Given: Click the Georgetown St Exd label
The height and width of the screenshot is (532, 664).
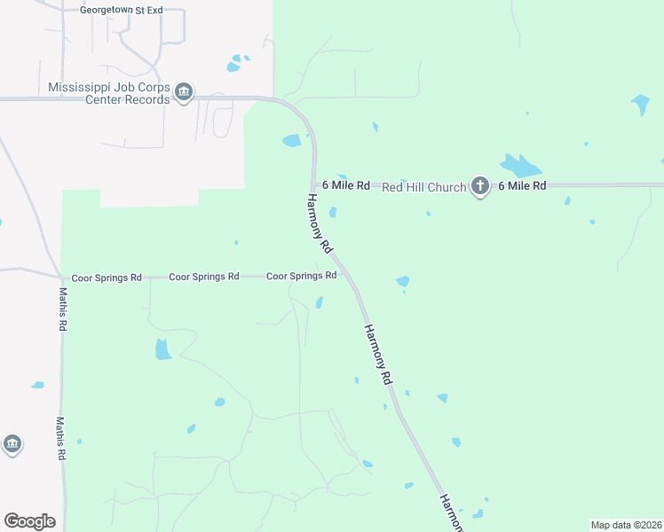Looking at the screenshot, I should (122, 10).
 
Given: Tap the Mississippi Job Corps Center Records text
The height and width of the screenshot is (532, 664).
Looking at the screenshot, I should (108, 94).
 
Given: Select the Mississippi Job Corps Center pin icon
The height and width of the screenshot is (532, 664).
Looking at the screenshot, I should (184, 92).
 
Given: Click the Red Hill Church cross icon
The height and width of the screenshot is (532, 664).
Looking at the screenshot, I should (480, 186).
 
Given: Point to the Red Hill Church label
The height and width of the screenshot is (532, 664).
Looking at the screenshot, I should (423, 187).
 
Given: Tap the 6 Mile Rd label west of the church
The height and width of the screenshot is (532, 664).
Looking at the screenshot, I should (345, 185).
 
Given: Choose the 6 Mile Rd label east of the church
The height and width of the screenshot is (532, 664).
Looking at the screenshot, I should (522, 185).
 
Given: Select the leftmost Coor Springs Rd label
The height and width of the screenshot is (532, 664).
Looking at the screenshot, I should (107, 278).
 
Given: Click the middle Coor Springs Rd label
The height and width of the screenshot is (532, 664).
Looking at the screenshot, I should (204, 277).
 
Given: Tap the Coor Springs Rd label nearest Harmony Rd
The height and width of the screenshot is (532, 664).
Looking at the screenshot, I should (301, 276).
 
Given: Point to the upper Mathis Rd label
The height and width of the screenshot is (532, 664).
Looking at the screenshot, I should (62, 309).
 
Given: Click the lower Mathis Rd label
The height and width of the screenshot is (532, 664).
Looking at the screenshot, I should (61, 438).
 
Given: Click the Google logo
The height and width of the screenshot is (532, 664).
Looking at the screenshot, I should (29, 521).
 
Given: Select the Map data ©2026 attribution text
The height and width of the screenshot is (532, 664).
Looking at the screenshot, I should (627, 525).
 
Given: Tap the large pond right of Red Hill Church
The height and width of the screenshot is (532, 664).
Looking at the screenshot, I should (520, 166).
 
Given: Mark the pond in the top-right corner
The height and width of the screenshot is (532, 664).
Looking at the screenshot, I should (640, 105).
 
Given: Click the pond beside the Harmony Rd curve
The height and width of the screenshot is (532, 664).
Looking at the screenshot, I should (292, 140).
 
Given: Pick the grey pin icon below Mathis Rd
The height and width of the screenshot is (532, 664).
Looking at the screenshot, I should (12, 443).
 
